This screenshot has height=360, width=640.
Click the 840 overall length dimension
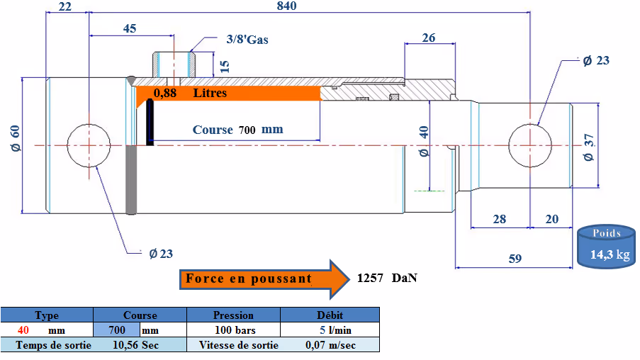point(286,6)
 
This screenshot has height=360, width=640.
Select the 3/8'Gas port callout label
point(247,40)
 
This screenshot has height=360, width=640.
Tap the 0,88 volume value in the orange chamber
point(165,93)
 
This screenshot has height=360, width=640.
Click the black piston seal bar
point(150,122)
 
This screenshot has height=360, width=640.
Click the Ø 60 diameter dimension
point(15,138)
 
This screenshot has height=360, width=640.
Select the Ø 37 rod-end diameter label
point(588,147)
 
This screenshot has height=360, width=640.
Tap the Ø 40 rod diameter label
point(424,141)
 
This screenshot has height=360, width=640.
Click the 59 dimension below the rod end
point(515,259)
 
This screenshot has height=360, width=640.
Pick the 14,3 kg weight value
point(610,254)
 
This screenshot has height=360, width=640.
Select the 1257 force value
point(370,278)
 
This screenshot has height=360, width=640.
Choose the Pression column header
point(233,315)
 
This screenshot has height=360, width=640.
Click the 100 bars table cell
point(235,330)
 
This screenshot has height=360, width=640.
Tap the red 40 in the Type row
point(23,330)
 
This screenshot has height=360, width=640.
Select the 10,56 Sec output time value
point(135,345)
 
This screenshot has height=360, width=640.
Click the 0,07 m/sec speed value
point(330,345)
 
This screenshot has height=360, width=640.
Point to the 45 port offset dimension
point(130,28)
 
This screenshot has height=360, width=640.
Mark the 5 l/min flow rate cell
point(335,330)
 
